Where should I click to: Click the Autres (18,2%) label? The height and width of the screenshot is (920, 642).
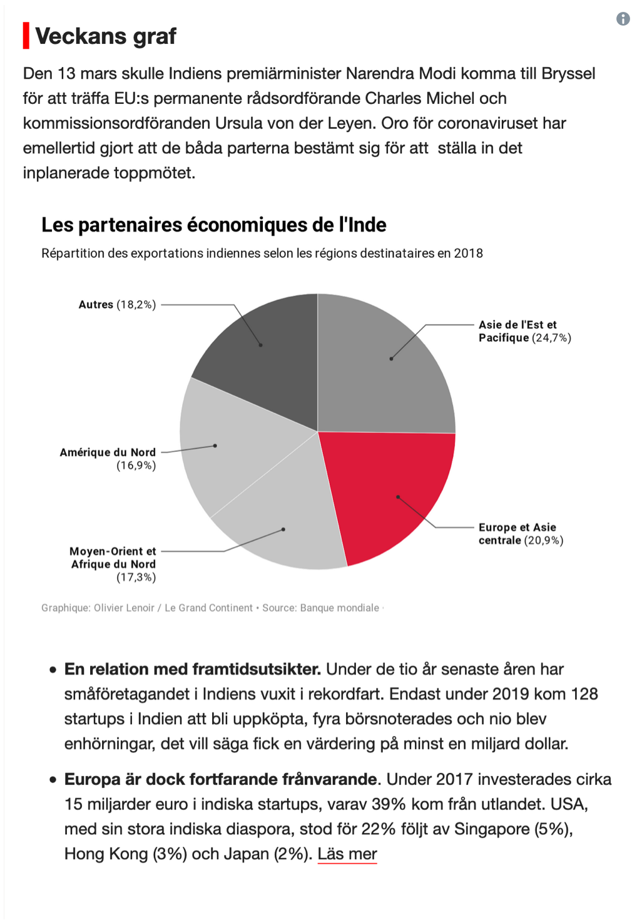(x=117, y=305)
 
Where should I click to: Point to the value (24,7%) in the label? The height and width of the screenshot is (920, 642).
(x=551, y=338)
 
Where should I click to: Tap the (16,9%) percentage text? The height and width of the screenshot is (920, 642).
(x=136, y=466)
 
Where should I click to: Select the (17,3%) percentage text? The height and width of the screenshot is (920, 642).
(x=136, y=577)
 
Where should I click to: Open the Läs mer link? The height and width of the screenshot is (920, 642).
(x=347, y=854)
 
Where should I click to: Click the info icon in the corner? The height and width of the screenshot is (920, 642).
(x=623, y=19)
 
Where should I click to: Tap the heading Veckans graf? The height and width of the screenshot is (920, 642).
(x=106, y=36)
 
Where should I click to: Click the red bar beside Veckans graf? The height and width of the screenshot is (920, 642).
(x=26, y=36)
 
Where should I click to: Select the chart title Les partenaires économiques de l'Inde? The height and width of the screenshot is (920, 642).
(x=214, y=225)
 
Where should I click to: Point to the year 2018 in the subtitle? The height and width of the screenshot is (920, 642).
(x=469, y=253)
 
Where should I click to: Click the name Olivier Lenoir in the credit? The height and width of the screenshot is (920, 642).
(x=124, y=608)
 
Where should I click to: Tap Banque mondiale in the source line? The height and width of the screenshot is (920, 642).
(x=340, y=608)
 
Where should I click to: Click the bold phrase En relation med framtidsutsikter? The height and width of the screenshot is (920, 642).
(x=193, y=669)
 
